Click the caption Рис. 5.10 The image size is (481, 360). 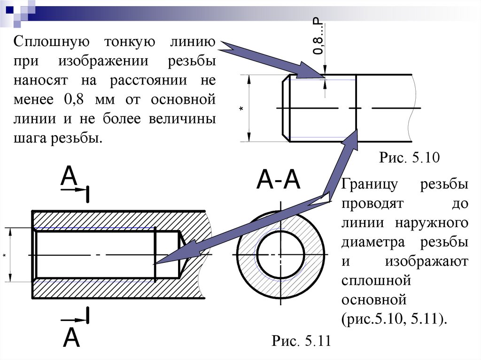coord(409,157)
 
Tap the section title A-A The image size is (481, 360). coord(278,181)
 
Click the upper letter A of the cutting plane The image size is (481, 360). coord(69,177)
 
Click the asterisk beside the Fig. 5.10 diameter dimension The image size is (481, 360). coord(241,109)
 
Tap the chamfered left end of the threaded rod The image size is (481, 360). coord(285,108)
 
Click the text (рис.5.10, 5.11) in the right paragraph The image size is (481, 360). coord(393,318)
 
